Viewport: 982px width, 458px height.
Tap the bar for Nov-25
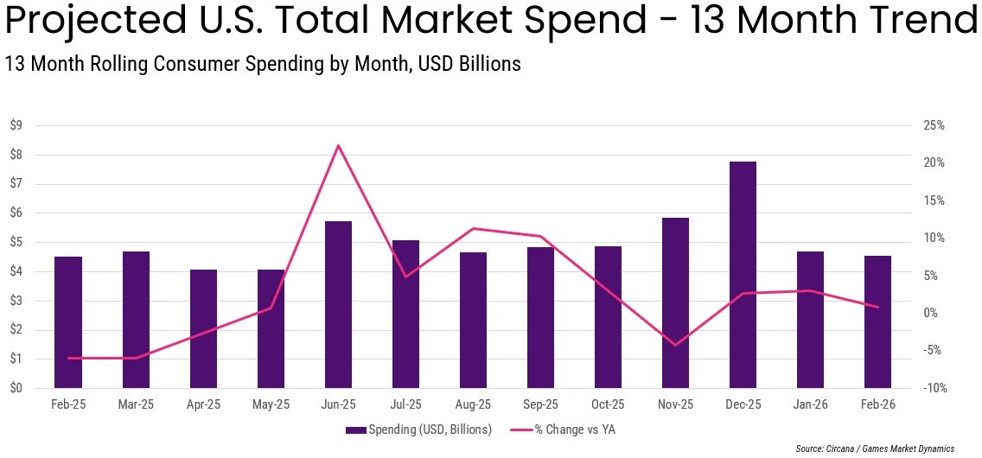[x=675, y=302]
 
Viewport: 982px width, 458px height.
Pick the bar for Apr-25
[x=203, y=328]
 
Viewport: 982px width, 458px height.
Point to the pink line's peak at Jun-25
[x=338, y=145]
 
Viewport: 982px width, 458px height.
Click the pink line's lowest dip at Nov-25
[x=675, y=345]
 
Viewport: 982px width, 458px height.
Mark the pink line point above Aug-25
[x=473, y=228]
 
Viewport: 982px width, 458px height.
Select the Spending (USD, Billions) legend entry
[x=418, y=429]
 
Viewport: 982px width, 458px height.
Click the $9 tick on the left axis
[x=16, y=126]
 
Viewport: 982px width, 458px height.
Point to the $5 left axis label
[x=16, y=243]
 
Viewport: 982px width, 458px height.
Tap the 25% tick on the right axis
[x=934, y=126]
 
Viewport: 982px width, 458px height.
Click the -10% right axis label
[x=934, y=388]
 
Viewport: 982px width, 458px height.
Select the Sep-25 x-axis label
[x=540, y=404]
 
